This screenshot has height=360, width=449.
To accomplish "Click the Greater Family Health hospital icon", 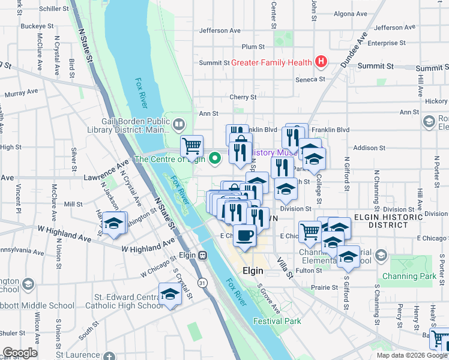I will [x=322, y=62].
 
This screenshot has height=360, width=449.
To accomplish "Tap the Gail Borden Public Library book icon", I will [x=179, y=125].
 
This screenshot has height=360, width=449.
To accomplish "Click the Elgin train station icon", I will [x=203, y=255].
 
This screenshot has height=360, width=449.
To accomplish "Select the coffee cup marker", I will [x=244, y=234].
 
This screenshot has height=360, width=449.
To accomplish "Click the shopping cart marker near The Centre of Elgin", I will [x=191, y=145].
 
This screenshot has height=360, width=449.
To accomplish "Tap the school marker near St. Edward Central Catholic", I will [x=170, y=295].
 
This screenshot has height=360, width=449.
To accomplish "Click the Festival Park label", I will [x=277, y=321].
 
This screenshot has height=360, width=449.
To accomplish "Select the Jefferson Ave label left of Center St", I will [x=220, y=31].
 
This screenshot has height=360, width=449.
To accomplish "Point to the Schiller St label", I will [x=58, y=9].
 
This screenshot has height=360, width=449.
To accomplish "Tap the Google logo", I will [x=20, y=353].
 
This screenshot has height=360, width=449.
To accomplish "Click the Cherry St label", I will [x=243, y=97].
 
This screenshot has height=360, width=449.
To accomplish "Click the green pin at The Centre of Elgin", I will [x=216, y=158].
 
